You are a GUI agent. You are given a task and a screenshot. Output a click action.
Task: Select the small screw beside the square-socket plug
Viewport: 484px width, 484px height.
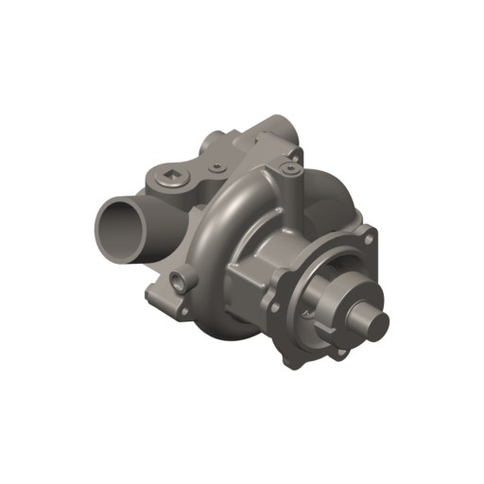point(216,168)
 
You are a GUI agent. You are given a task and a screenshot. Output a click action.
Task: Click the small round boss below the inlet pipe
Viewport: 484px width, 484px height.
point(180,279)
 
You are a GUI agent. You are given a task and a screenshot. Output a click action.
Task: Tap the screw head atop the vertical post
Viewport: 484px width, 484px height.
point(286,169)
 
